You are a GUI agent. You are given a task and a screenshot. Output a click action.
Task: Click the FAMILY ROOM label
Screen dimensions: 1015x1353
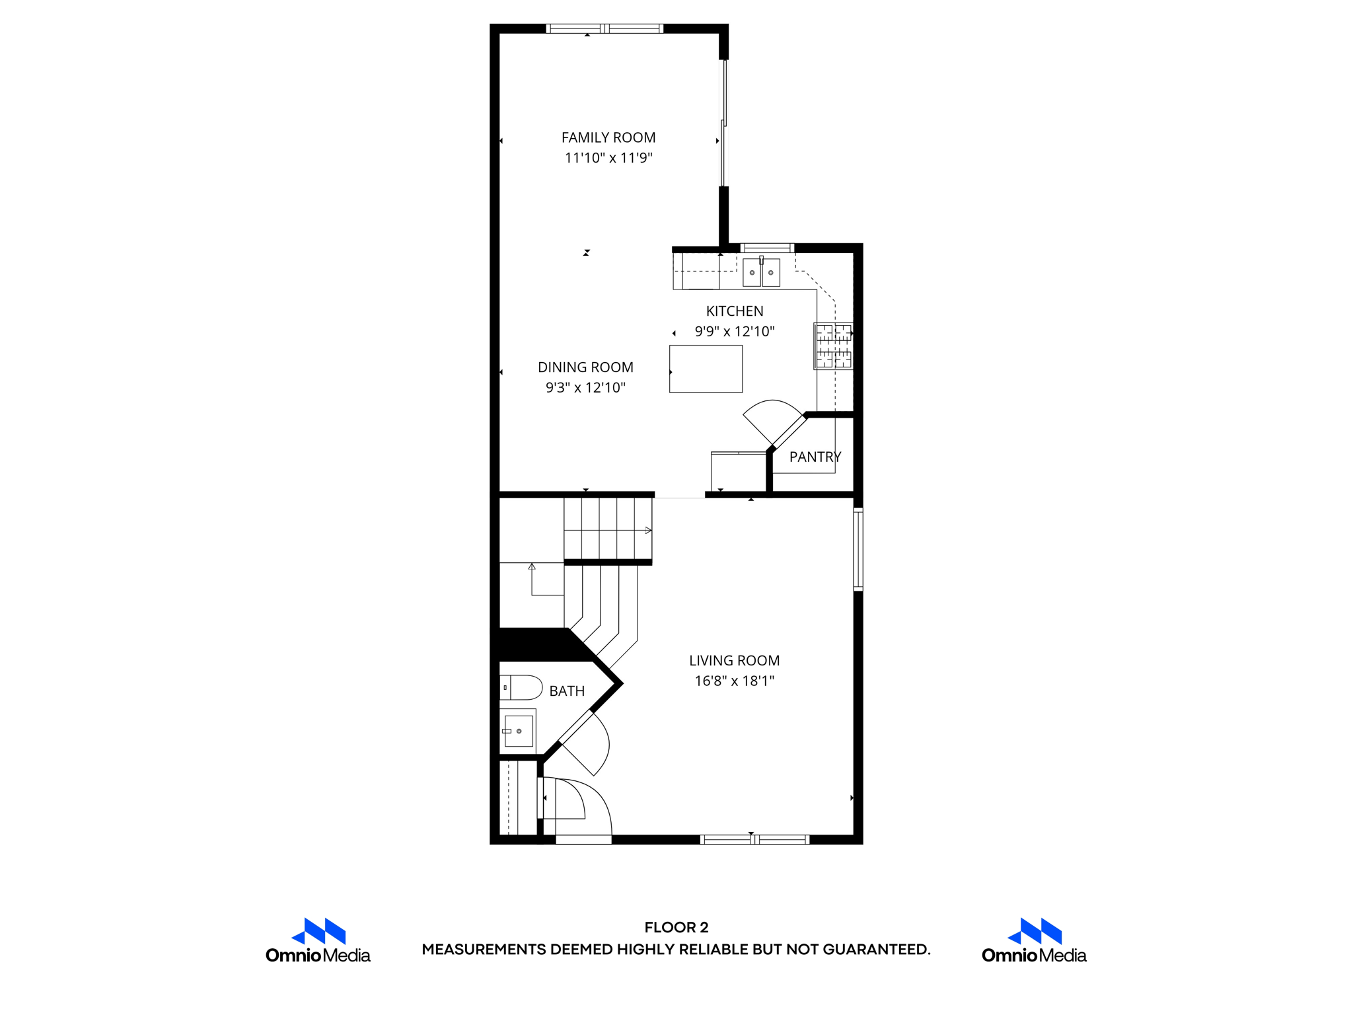pyautogui.click(x=608, y=137)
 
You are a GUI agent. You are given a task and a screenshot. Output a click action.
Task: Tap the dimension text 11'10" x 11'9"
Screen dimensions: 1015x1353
pyautogui.click(x=608, y=158)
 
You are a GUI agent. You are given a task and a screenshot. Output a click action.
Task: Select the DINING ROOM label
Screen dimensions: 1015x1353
pyautogui.click(x=585, y=367)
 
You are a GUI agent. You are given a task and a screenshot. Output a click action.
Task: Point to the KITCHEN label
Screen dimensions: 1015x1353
pyautogui.click(x=735, y=311)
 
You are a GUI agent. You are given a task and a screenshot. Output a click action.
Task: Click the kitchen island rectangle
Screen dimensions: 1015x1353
pyautogui.click(x=706, y=369)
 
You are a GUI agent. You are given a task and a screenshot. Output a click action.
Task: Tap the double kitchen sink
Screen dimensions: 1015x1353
pyautogui.click(x=761, y=272)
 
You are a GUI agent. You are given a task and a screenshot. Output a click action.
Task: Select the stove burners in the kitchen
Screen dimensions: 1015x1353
pyautogui.click(x=834, y=346)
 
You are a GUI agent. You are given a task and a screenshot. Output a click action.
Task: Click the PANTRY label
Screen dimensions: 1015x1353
pyautogui.click(x=815, y=457)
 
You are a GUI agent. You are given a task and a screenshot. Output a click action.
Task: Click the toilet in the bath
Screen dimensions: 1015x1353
pyautogui.click(x=521, y=688)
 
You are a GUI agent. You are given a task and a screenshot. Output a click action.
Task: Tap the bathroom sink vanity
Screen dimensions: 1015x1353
pyautogui.click(x=518, y=731)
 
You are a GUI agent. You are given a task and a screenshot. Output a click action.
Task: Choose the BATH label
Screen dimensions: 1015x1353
pyautogui.click(x=567, y=691)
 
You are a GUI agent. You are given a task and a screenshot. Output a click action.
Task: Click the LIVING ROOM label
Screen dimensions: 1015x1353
pyautogui.click(x=734, y=660)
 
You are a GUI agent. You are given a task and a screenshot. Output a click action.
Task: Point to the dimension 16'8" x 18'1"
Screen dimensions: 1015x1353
pyautogui.click(x=734, y=681)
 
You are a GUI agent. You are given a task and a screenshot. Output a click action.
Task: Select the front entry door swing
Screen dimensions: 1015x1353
pyautogui.click(x=581, y=803)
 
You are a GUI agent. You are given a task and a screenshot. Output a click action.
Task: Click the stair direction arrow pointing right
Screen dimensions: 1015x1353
pyautogui.click(x=647, y=530)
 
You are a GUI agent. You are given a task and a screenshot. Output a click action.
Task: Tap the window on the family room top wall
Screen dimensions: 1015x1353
pyautogui.click(x=604, y=28)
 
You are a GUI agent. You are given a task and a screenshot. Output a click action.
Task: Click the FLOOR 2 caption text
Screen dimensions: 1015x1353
pyautogui.click(x=676, y=927)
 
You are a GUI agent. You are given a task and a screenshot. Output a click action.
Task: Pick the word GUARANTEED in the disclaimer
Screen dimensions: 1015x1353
pyautogui.click(x=876, y=950)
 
